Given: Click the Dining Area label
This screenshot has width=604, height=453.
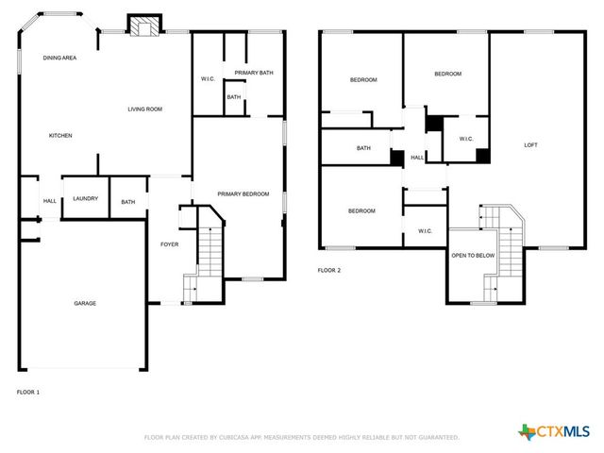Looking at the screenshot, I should tap(59, 59).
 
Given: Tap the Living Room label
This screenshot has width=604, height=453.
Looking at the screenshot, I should tap(145, 109).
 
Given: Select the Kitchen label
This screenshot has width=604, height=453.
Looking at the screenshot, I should tap(60, 136).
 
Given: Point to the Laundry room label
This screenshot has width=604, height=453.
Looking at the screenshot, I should tap(86, 198).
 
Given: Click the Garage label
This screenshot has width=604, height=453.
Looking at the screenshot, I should tap(86, 303).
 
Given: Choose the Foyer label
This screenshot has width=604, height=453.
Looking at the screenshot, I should tap(169, 244).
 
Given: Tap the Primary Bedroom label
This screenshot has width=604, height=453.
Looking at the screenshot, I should tap(243, 194).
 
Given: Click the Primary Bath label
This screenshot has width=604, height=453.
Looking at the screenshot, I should tap(254, 73).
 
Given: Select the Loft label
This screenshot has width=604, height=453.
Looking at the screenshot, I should tap(531, 144).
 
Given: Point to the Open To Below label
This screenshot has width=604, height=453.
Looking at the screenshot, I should tap(473, 255).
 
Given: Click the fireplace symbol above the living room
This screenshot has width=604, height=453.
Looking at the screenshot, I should tap(144, 27).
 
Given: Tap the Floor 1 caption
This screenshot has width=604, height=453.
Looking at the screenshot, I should tap(28, 391).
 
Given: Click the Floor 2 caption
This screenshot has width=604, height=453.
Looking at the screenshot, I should tap(328, 270).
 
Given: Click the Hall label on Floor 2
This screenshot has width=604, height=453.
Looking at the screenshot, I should tap(416, 158).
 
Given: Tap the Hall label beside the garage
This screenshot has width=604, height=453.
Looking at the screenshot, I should tap(50, 200).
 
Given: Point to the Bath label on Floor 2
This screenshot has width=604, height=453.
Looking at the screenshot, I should tap(363, 148).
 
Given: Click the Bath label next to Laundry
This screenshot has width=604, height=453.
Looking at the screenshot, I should tap(127, 201).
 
